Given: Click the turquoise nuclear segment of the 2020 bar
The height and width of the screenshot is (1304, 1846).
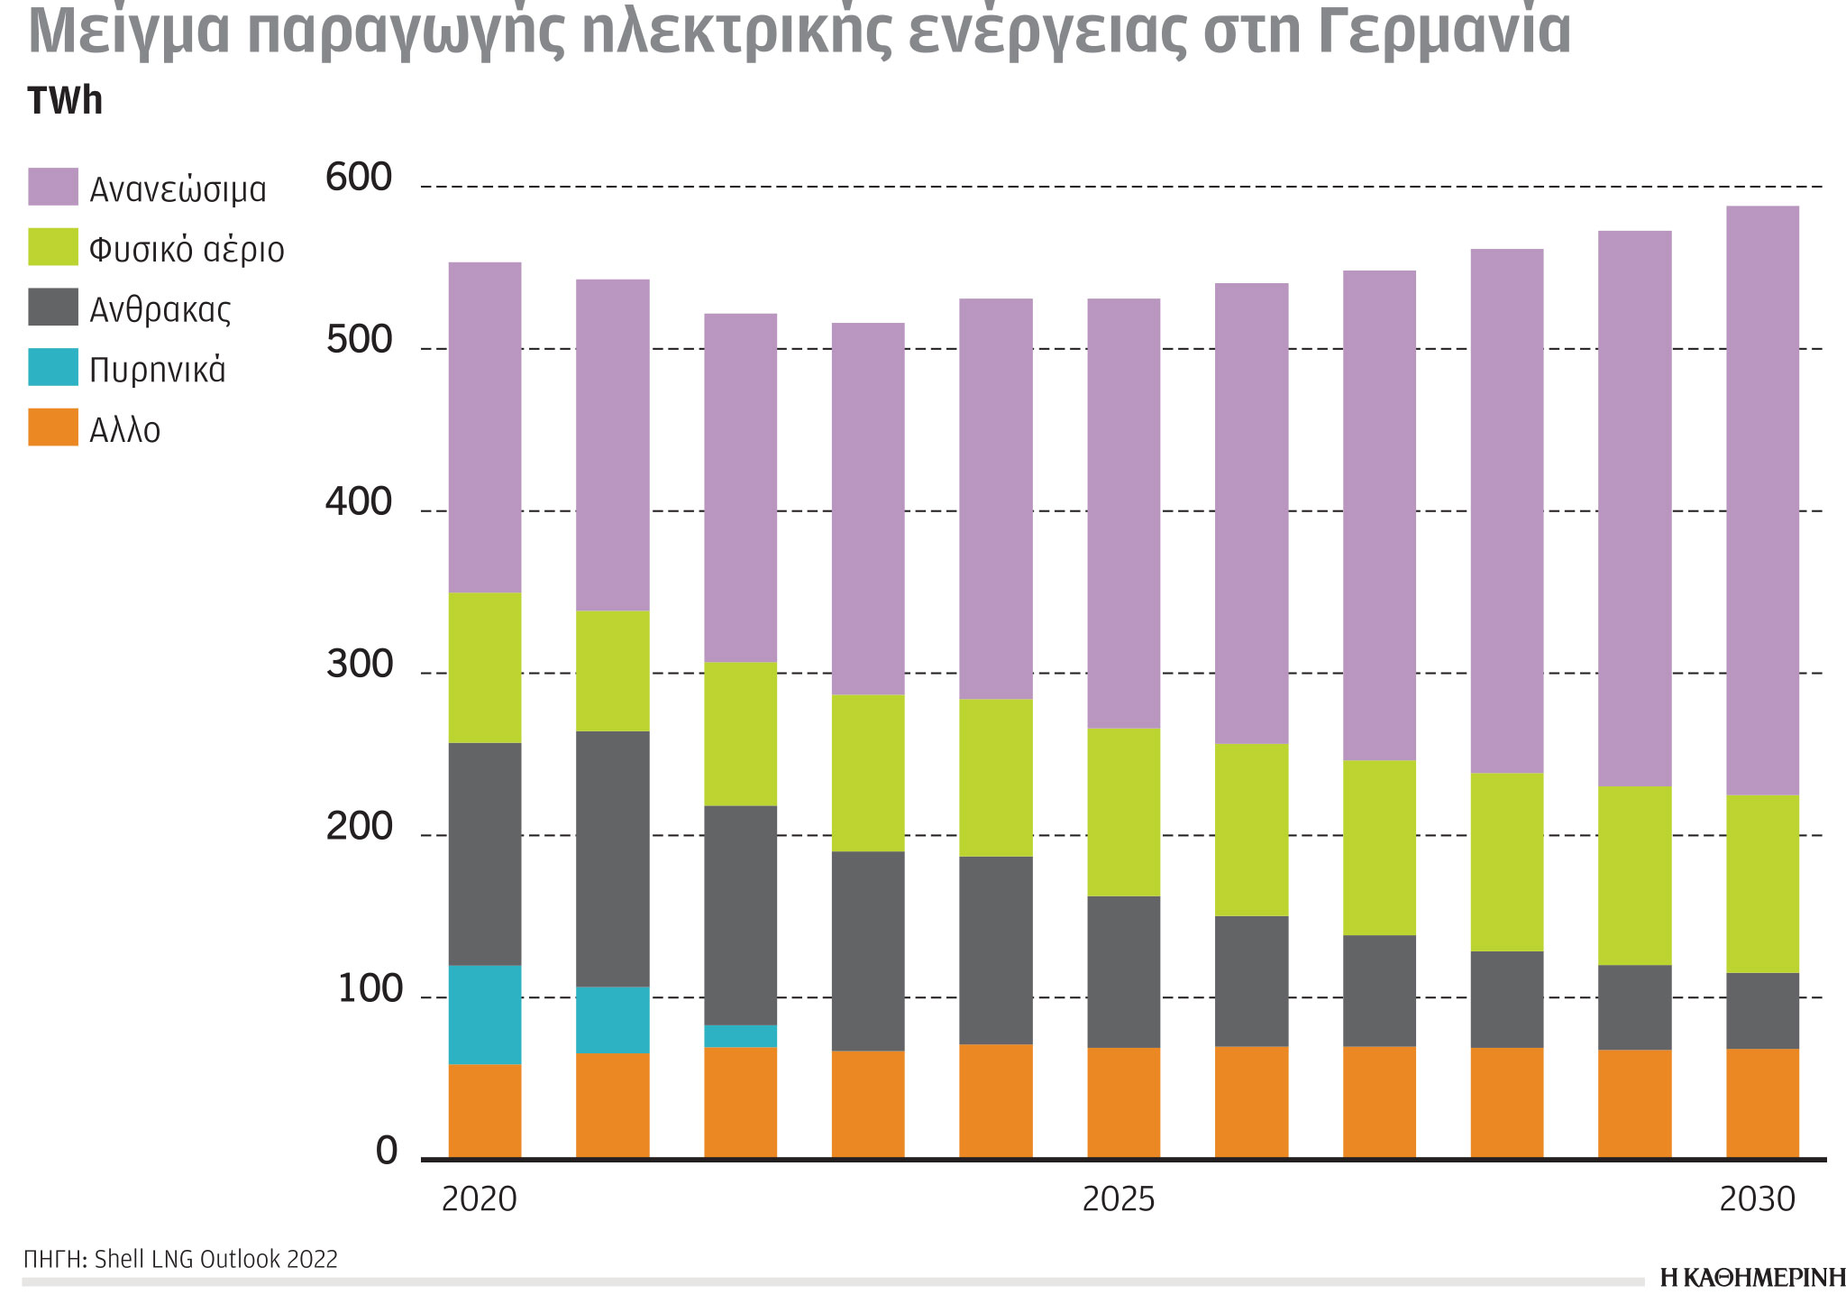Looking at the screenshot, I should click(485, 1015).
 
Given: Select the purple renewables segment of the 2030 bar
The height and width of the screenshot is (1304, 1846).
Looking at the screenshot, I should click(1762, 500).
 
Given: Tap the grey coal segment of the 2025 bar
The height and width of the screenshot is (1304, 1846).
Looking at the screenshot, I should click(1123, 971).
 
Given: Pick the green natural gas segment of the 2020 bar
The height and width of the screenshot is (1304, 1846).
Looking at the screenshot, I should click(485, 667).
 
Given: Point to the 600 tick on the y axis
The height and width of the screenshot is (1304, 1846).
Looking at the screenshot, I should click(359, 178).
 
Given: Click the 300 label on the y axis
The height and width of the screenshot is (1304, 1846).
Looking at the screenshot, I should click(359, 666).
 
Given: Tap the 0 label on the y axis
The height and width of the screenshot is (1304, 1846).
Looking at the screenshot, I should click(386, 1152).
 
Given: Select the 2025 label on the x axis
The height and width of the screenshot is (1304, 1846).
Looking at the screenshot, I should click(1118, 1199).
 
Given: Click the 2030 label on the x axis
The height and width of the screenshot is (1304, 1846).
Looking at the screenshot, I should click(1758, 1199).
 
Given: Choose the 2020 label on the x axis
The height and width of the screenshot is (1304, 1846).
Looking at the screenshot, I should click(480, 1199).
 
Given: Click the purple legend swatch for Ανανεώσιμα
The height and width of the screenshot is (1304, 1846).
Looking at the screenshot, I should click(53, 187).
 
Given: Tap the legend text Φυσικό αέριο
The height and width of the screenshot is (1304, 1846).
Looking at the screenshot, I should click(187, 250).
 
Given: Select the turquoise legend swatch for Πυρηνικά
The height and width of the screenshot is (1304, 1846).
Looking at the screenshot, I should click(53, 367).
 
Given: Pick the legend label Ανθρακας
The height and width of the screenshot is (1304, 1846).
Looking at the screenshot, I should click(160, 310).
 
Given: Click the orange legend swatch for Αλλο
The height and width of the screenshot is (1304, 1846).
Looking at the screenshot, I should click(53, 427).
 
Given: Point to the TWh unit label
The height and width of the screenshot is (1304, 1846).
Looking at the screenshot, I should click(65, 101).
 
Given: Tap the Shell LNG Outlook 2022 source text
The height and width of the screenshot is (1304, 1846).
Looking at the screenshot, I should click(215, 1259).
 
